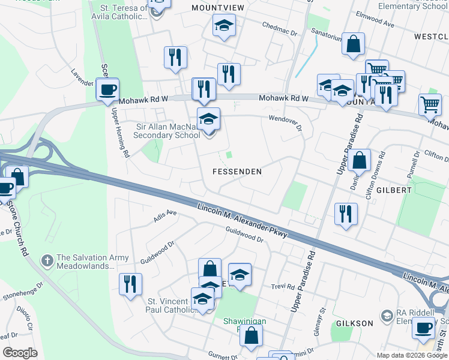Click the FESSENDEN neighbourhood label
[x=237, y=172]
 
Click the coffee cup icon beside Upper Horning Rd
[x=107, y=91]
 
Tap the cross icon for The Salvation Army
[x=47, y=261]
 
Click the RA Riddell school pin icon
[x=387, y=315]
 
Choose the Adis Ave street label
[x=165, y=215]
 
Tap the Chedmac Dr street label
[x=280, y=29]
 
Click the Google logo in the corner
[x=20, y=352]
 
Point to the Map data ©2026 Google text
[x=412, y=355]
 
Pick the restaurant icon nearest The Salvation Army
[x=130, y=284]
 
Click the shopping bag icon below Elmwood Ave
[x=354, y=44]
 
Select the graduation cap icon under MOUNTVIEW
[x=224, y=26]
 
